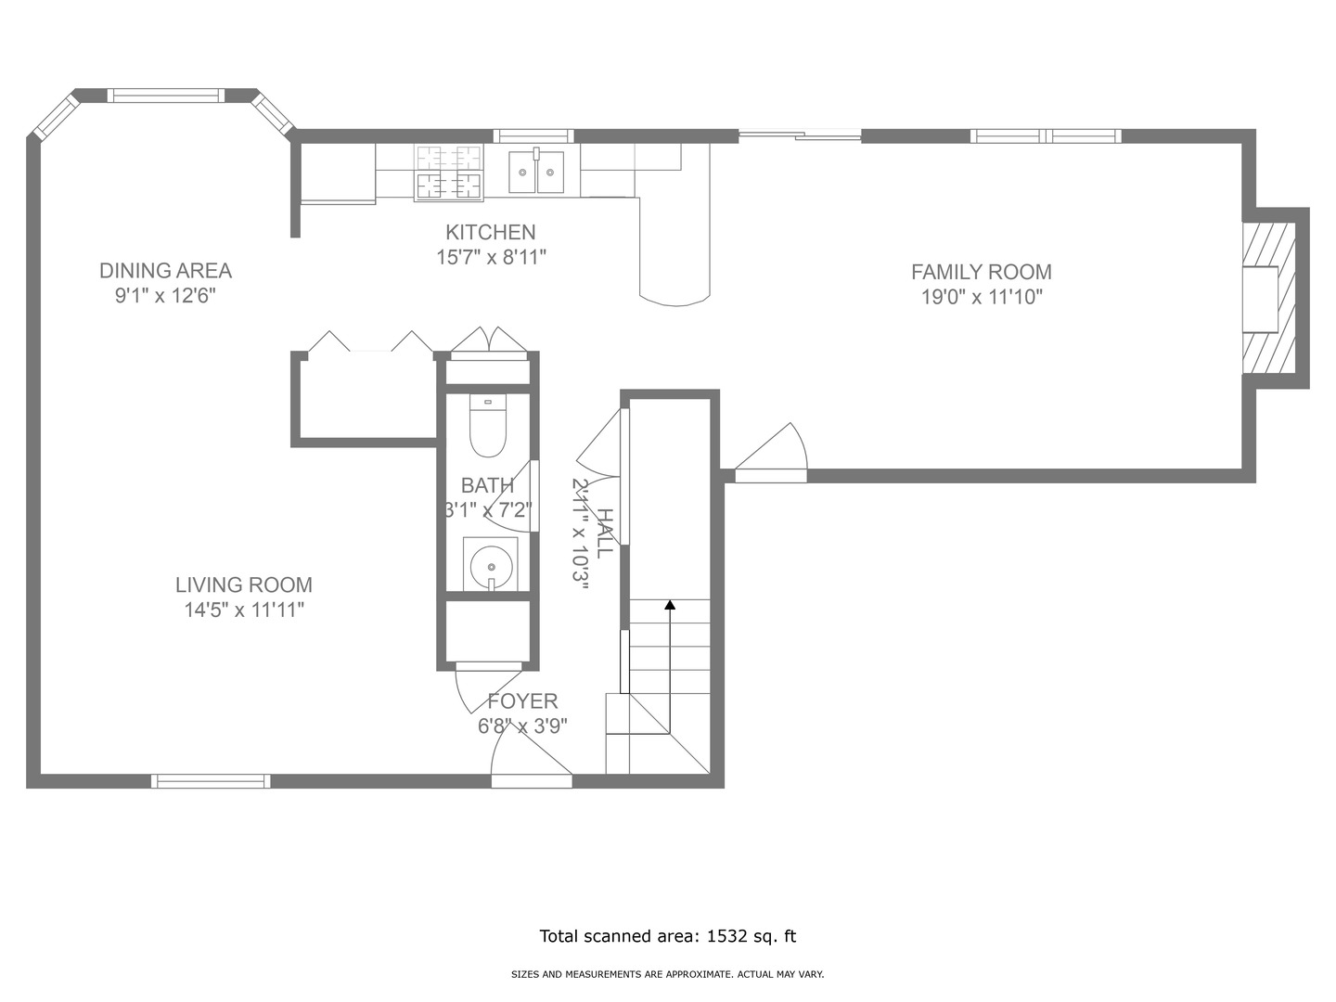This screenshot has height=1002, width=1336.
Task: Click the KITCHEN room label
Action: pos(491,232)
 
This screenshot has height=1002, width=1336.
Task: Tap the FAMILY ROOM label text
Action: pos(982,272)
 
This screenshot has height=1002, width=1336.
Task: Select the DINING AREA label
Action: pos(165,271)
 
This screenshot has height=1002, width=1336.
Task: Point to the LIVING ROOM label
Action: pos(244,584)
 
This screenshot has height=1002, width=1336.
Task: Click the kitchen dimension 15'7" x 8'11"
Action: pos(491,257)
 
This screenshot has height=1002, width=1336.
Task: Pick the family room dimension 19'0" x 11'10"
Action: pos(982,297)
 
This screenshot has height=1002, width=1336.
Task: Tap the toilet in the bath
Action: pos(488,425)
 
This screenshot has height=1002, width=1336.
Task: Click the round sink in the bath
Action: pos(491,565)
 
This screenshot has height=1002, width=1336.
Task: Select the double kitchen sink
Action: pos(536,172)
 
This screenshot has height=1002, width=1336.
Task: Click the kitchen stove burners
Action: pos(448,173)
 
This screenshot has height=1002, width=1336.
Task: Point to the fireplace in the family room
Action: pos(1268,298)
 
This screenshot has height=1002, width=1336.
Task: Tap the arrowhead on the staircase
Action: pos(670,605)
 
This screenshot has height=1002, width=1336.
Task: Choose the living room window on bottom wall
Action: pos(211,781)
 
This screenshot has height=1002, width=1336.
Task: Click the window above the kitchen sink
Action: pos(533,136)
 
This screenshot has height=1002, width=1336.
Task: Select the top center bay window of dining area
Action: pos(166,96)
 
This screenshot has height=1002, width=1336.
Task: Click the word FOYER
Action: pos(523,700)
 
